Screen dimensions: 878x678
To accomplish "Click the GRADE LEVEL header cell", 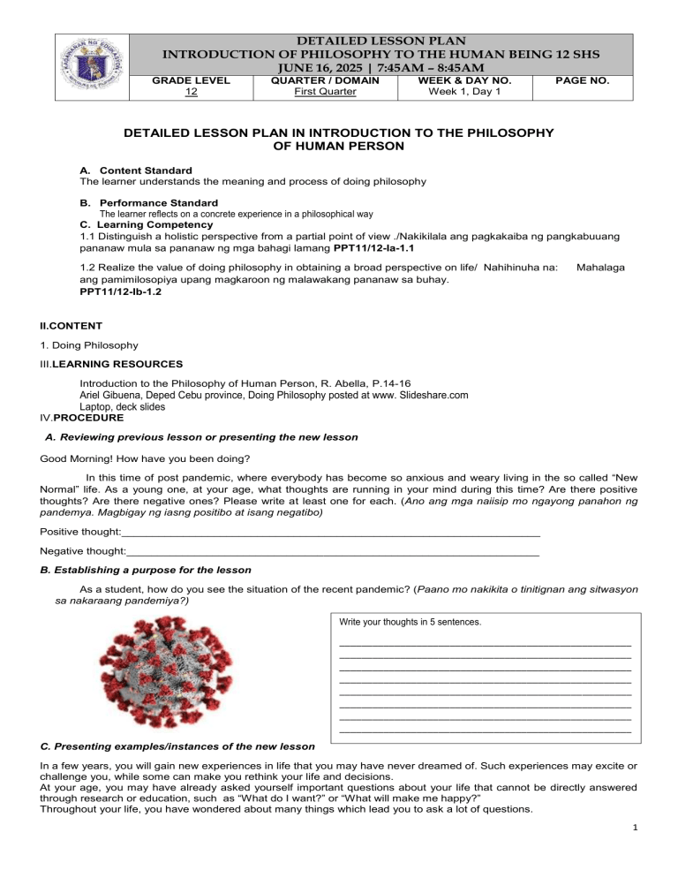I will click(192, 79).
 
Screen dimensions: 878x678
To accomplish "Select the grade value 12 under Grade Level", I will click(192, 92).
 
